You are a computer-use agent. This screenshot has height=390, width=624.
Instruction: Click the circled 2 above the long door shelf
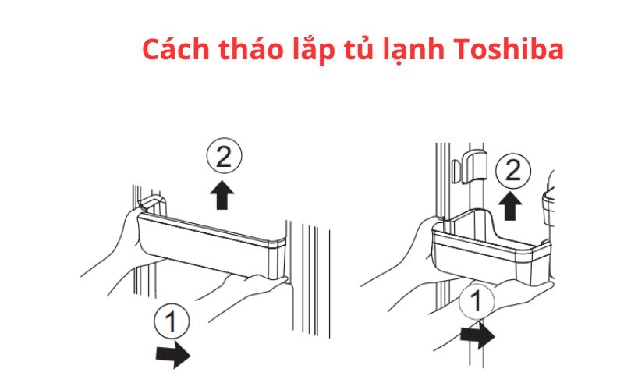[223, 159]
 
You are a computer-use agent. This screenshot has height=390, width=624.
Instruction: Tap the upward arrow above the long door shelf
[223, 195]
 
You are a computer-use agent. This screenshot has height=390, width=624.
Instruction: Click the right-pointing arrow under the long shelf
[173, 356]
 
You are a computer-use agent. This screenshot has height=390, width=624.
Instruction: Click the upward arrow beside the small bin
[510, 205]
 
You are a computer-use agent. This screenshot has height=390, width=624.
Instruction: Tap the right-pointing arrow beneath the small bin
[477, 337]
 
